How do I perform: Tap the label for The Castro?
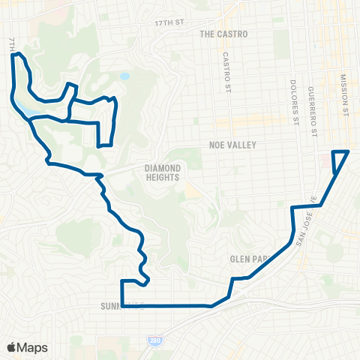[223, 34]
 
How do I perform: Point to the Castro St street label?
[226, 73]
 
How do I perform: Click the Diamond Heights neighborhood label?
[163, 173]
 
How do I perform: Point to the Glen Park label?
[248, 259]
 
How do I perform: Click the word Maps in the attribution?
[32, 348]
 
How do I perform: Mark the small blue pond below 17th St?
[124, 76]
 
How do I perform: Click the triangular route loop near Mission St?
[340, 159]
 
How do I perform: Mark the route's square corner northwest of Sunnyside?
[121, 282]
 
